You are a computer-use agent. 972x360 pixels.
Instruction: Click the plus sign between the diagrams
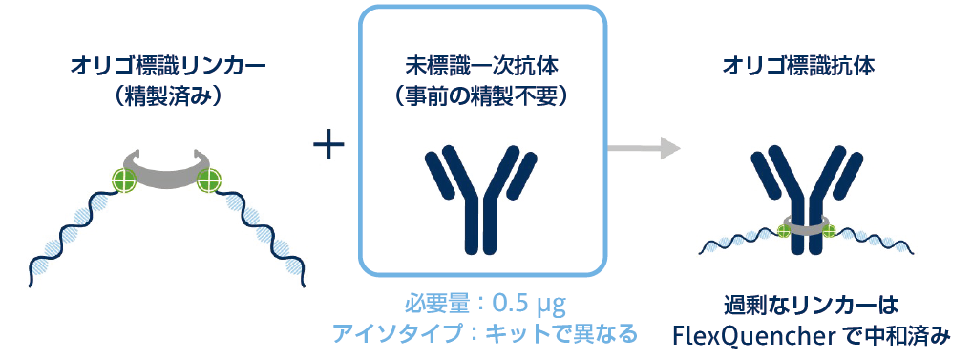click(x=328, y=149)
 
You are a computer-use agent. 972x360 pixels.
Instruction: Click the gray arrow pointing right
click(x=644, y=149)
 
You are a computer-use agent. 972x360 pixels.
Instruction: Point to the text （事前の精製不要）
click(x=482, y=98)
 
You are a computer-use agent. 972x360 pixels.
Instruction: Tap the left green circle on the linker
click(x=124, y=180)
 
